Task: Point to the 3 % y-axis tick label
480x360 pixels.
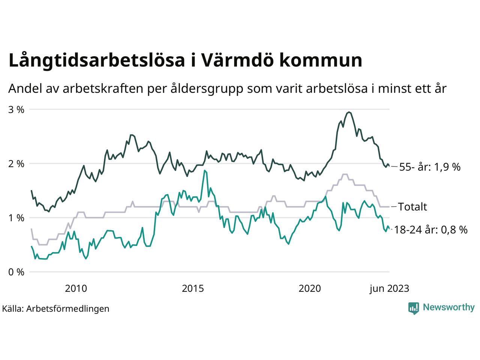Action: click(16, 109)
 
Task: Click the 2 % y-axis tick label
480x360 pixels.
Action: click(16, 163)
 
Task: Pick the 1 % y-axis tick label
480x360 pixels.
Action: click(16, 218)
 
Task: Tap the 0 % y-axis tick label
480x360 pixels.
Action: click(16, 272)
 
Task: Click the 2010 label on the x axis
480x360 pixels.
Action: click(76, 288)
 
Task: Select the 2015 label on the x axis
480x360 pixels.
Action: click(193, 288)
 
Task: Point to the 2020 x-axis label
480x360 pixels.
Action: click(310, 288)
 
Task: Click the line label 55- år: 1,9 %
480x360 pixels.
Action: click(430, 167)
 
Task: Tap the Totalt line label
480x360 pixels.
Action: click(412, 207)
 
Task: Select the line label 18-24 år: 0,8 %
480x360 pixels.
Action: click(431, 230)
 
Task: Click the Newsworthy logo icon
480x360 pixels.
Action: click(413, 308)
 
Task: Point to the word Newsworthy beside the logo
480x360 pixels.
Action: click(449, 307)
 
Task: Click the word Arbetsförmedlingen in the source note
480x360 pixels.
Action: click(68, 309)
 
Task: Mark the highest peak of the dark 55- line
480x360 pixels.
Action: click(349, 112)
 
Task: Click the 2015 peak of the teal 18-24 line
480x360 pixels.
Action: click(204, 171)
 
